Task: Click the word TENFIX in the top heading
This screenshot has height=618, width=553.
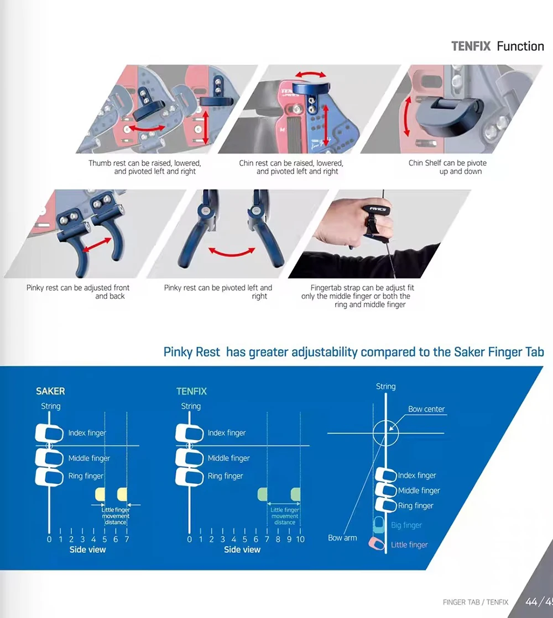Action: pos(471,46)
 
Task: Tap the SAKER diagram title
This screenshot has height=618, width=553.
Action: pos(50,391)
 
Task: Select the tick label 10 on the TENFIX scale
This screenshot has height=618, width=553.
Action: pos(300,539)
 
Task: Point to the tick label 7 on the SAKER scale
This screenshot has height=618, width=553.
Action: pos(127,539)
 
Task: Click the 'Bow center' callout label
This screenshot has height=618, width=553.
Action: pos(426,409)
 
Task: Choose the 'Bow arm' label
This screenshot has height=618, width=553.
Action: pos(342,538)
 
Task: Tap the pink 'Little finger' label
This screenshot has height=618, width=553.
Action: pos(409,545)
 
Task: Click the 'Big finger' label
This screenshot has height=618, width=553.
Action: pos(406,525)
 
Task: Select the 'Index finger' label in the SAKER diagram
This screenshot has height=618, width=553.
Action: pos(87,433)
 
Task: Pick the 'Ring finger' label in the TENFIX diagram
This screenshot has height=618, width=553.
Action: pos(226,476)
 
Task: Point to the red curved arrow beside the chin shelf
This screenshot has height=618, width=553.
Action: pos(407,115)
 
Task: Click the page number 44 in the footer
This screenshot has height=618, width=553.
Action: pos(532,601)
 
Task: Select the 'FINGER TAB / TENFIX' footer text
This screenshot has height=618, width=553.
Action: pos(475,602)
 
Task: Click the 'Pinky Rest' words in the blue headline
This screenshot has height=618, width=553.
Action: pos(192,352)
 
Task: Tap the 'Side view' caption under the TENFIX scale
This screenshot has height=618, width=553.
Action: pos(242,550)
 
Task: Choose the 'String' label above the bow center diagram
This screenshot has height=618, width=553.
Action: pos(385,387)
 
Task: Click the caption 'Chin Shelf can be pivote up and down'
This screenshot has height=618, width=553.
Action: pos(447,167)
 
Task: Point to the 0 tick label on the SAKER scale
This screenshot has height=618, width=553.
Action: pos(49,539)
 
